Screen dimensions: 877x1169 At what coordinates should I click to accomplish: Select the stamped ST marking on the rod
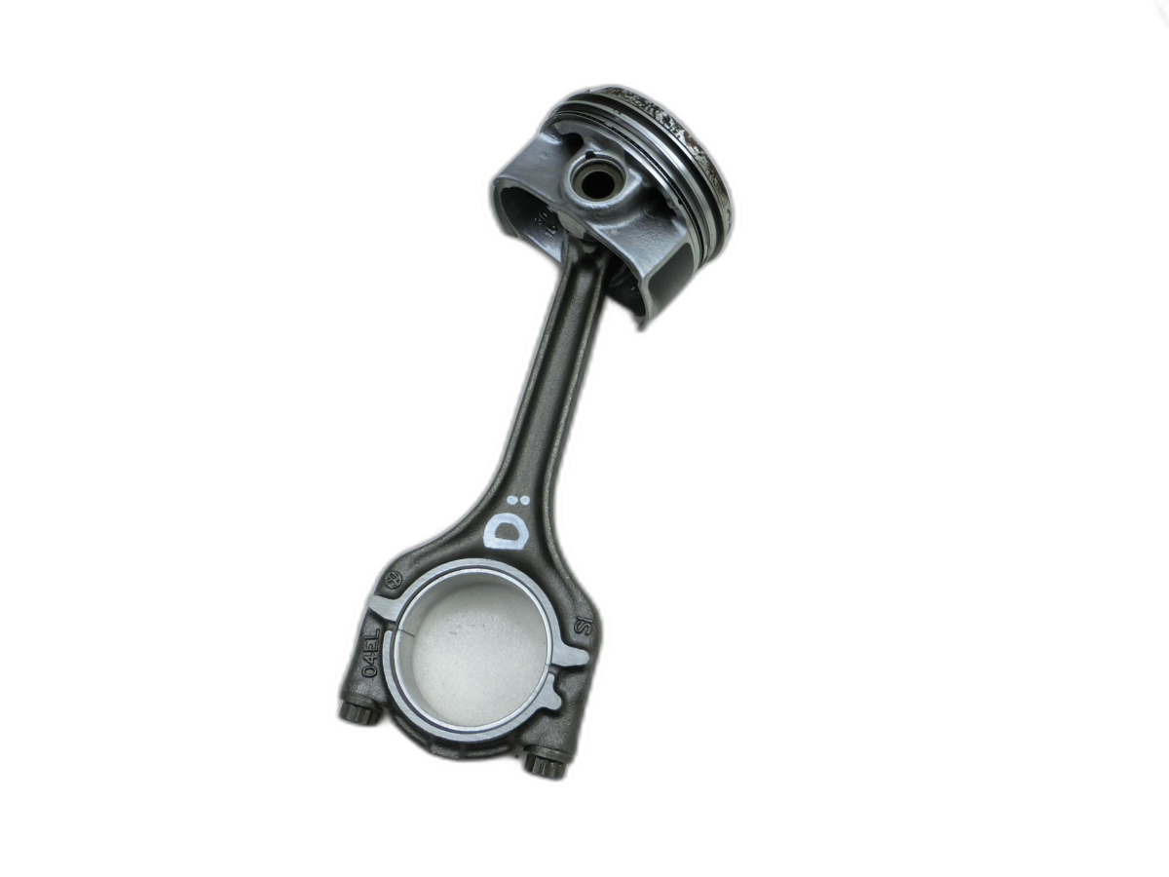point(584,626)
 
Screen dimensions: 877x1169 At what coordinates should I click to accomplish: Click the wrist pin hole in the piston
point(590,180)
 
